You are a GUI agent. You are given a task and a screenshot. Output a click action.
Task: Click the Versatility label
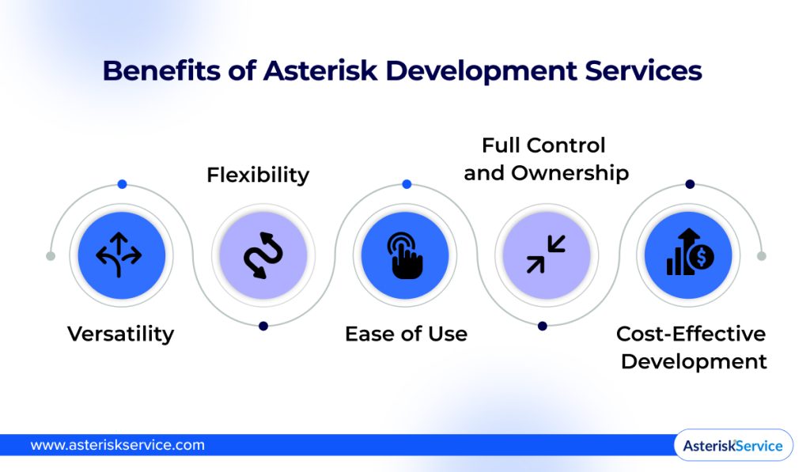coord(120,334)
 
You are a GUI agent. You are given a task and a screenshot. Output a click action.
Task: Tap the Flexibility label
coord(258,175)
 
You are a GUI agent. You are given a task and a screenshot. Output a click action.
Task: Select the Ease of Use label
coord(406,334)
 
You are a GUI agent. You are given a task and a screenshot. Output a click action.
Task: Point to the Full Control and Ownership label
coord(546,159)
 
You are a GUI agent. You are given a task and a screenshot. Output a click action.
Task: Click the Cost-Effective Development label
coord(692,347)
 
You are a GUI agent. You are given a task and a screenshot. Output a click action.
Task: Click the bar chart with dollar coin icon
coord(690,254)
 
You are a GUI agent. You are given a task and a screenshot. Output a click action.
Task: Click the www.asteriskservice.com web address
coord(117,445)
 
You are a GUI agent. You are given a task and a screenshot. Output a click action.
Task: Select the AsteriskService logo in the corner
coord(732,446)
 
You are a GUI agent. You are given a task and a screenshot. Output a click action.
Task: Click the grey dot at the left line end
coord(51,256)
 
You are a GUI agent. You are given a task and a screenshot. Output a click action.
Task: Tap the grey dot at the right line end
coord(762,256)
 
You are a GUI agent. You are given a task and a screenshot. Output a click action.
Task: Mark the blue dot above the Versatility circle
coord(122,184)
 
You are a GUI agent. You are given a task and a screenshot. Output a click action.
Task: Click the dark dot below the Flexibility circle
coord(263,326)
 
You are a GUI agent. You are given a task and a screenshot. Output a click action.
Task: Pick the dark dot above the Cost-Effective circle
coord(690,184)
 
